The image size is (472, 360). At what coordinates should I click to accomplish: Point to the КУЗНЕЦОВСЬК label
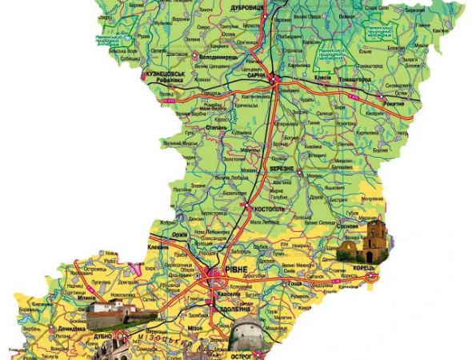click(x=166, y=74)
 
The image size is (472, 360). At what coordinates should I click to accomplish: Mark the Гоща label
click(x=295, y=283)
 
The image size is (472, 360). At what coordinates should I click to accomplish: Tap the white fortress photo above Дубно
click(x=112, y=314)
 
